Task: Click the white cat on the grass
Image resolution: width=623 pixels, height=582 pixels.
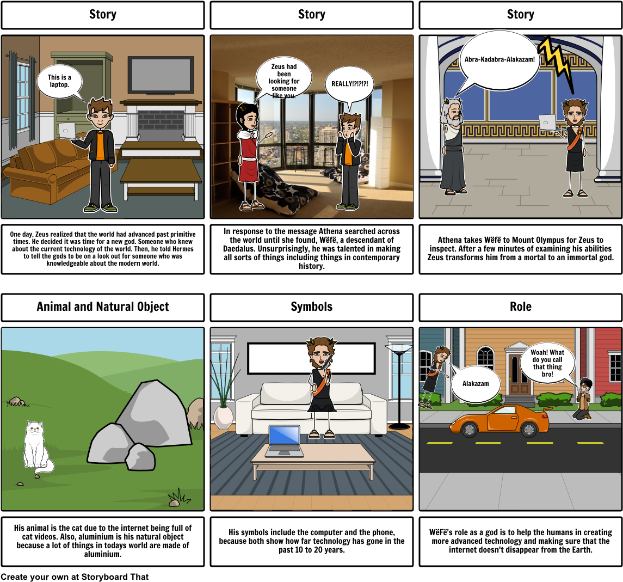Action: click(x=36, y=447)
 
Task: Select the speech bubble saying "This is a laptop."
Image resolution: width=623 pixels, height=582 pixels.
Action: click(x=60, y=82)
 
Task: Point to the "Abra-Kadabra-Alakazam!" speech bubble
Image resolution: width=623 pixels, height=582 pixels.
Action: click(x=499, y=60)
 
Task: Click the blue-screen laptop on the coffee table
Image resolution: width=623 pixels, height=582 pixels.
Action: click(x=284, y=440)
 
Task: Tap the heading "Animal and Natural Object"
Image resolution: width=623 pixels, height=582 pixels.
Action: click(x=102, y=307)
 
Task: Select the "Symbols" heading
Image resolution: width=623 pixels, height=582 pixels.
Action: click(x=311, y=307)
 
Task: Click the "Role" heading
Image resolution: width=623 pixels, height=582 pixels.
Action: click(x=521, y=307)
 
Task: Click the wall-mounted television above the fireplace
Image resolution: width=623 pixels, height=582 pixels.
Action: click(x=161, y=75)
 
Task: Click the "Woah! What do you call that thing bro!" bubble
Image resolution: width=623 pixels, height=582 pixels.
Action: click(x=547, y=363)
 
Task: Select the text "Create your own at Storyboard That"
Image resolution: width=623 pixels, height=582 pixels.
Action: click(x=75, y=577)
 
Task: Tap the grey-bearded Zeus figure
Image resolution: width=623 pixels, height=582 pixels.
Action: click(x=452, y=146)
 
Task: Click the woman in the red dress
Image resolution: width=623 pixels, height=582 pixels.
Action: click(x=249, y=156)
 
